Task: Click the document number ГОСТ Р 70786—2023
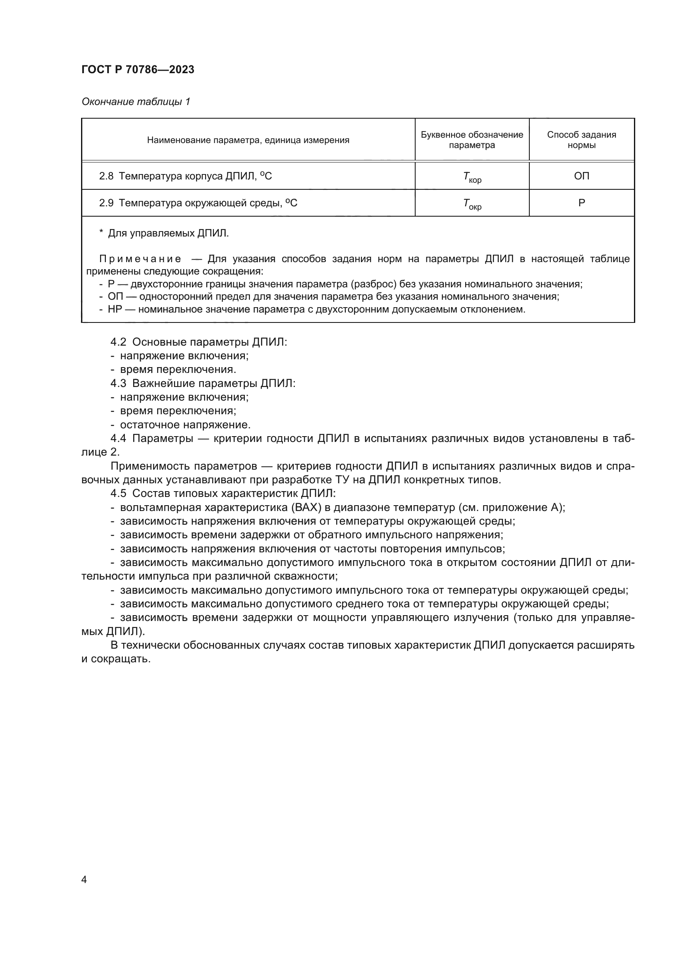(138, 69)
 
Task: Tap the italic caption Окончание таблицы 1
(136, 102)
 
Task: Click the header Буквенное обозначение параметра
(472, 140)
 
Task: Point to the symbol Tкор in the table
(472, 177)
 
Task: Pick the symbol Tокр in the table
(472, 204)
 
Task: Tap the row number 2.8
(106, 176)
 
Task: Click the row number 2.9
(106, 203)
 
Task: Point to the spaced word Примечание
(140, 258)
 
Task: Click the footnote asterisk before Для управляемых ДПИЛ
(101, 232)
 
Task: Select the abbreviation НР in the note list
(115, 310)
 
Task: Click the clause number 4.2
(118, 342)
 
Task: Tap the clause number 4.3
(118, 383)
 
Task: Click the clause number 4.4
(118, 438)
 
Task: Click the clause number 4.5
(118, 493)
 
